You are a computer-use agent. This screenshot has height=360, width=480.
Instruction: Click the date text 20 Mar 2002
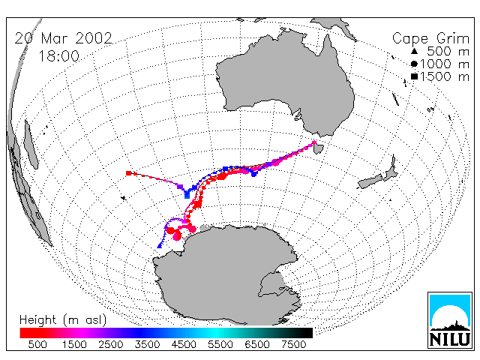[x=63, y=38]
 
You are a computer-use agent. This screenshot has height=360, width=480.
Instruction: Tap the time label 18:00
[x=59, y=56]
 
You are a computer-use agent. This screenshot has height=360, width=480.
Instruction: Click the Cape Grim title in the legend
[x=430, y=39]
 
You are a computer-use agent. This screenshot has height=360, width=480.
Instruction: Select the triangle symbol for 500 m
[x=414, y=52]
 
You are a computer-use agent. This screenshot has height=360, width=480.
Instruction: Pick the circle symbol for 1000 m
[x=414, y=64]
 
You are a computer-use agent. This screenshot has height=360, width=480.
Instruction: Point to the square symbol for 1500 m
[x=414, y=76]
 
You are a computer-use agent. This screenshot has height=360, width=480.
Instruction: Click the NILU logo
[x=450, y=320]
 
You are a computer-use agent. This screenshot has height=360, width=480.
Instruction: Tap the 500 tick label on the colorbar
[x=37, y=345]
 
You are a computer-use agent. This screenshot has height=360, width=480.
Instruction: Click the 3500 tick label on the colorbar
[x=147, y=345]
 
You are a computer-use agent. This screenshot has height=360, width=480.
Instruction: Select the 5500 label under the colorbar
[x=220, y=345]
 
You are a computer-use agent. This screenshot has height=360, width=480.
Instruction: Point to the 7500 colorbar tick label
[x=293, y=345]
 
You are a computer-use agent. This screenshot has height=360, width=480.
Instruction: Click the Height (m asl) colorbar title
[x=63, y=320]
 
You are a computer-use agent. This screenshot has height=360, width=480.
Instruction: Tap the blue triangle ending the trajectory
[x=160, y=245]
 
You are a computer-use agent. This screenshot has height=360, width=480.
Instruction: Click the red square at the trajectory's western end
[x=128, y=173]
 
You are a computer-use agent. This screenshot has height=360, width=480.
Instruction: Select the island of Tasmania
[x=319, y=148]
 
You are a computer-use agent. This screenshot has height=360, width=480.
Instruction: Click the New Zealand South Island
[x=370, y=181]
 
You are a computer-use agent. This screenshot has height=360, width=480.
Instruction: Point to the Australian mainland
[x=285, y=82]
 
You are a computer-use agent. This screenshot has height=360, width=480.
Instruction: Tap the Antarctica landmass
[x=226, y=275]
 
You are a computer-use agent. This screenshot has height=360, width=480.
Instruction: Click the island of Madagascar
[x=30, y=145]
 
